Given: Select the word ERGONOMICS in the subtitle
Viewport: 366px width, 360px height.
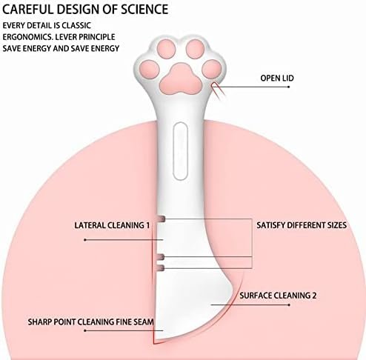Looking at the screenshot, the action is pos(27,37).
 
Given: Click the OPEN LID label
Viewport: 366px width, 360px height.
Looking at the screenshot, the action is pos(277,79).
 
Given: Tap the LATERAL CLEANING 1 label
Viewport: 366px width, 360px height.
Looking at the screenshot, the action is pos(112,225).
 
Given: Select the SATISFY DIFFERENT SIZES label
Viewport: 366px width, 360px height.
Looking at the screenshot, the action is pos(302,225).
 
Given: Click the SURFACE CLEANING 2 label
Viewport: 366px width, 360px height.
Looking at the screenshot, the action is pos(278,296).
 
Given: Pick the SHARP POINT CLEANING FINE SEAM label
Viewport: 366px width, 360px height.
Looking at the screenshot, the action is pos(90,322).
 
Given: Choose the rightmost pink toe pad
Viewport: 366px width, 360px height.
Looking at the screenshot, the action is pos(212,69).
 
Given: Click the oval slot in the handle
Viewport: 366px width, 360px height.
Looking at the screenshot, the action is pos(180,151).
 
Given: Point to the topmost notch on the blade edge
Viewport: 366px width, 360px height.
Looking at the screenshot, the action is pos(162,219).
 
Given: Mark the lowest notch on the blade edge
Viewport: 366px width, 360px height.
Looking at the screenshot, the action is pos(161,268).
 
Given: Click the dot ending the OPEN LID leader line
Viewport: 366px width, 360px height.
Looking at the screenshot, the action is pos(289,87).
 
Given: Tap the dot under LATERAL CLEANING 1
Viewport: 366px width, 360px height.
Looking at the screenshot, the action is pos(85,240).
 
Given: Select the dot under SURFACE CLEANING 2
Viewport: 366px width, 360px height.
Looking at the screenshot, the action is pos(289,305).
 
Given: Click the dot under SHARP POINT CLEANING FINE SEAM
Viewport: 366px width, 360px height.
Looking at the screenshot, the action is pos(85,330).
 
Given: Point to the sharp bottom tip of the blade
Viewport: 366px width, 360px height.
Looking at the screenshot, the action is pos(154,344).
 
